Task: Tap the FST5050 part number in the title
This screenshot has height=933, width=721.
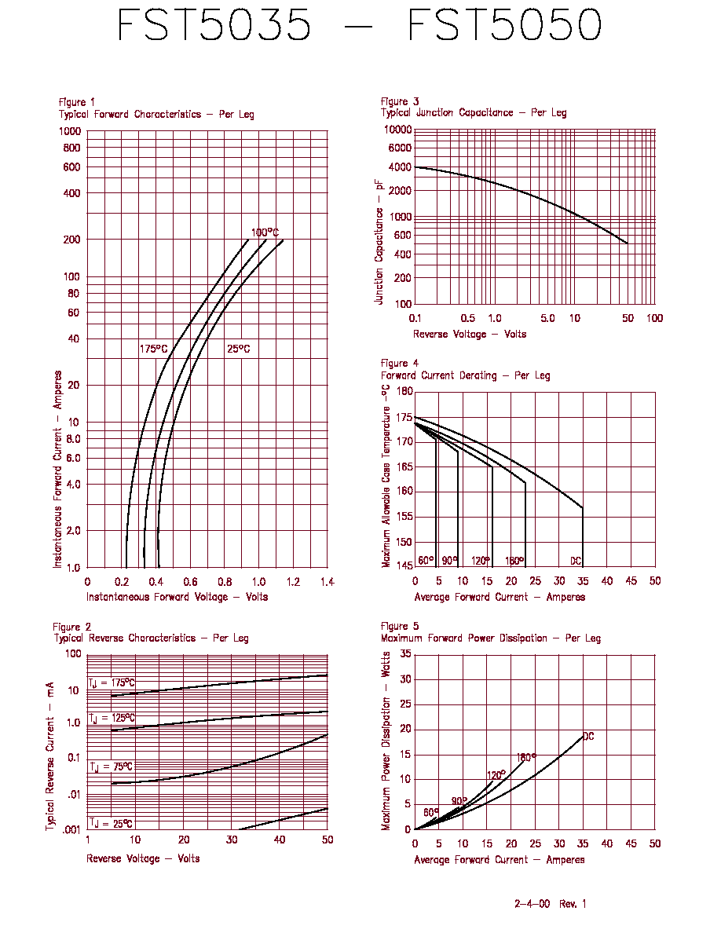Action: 504,25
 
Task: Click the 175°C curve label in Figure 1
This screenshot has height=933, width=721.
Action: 153,349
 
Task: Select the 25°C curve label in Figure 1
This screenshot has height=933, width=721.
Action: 239,349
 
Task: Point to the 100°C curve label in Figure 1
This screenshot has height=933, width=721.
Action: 265,232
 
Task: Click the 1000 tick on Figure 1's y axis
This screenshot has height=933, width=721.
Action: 70,131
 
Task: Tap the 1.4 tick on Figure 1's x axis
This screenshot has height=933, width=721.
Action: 328,582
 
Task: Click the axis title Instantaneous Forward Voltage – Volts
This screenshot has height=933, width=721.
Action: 178,597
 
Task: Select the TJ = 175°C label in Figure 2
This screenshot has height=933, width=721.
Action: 112,682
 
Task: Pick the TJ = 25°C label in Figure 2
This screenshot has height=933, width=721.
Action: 111,824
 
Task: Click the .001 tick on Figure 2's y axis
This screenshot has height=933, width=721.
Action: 71,829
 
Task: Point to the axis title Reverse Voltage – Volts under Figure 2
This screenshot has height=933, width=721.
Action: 143,858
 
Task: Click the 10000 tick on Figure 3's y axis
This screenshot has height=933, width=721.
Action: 397,130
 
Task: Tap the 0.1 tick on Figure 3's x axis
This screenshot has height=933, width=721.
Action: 415,318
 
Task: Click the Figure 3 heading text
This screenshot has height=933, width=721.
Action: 400,102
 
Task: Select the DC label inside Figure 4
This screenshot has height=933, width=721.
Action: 575,561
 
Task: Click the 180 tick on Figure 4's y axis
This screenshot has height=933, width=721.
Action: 404,392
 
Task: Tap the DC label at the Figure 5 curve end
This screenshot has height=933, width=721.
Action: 588,736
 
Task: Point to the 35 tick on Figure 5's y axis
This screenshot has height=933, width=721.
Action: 406,654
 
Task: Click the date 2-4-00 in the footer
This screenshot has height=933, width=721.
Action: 532,904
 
